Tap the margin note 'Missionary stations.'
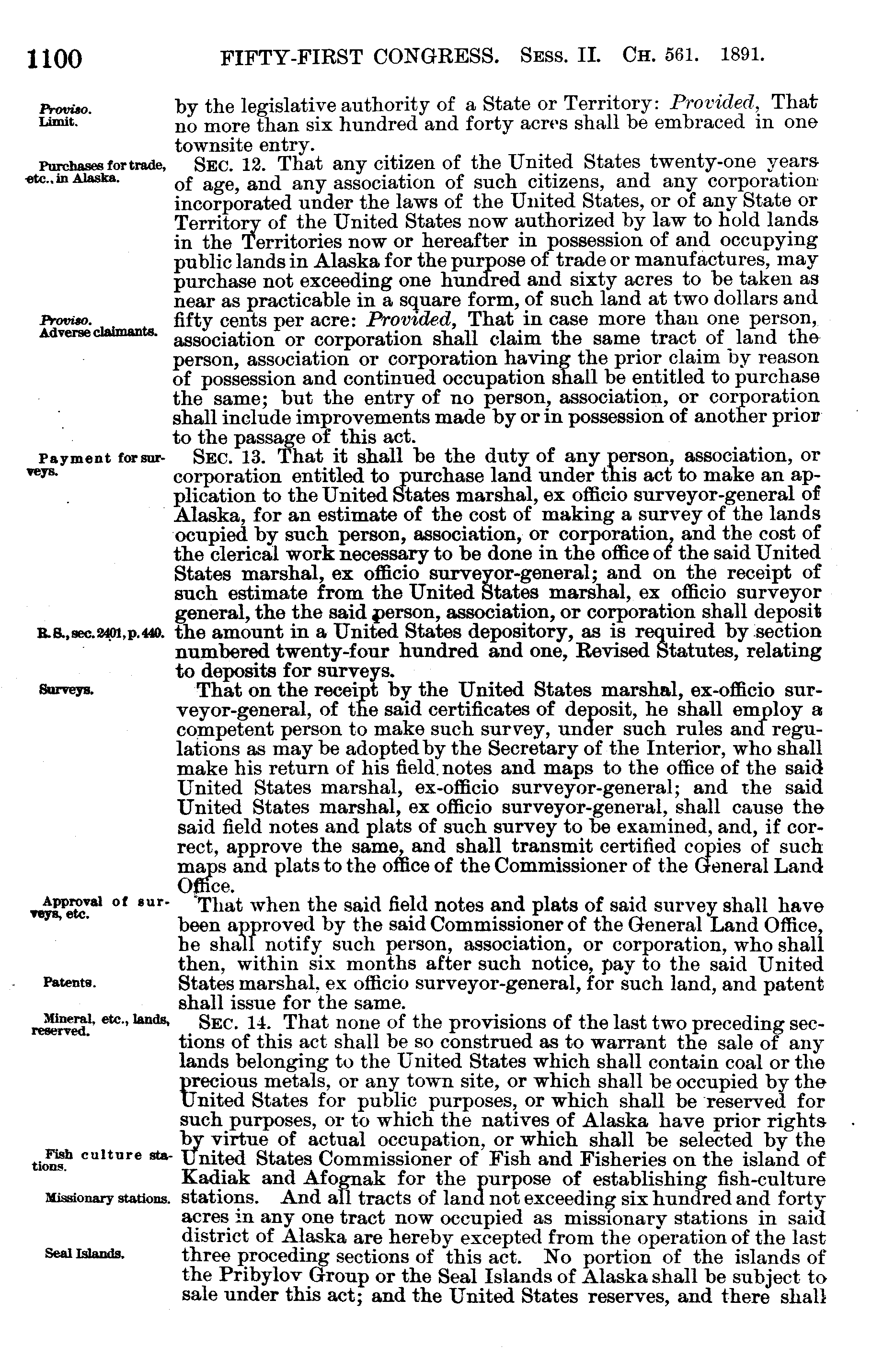(x=107, y=1198)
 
